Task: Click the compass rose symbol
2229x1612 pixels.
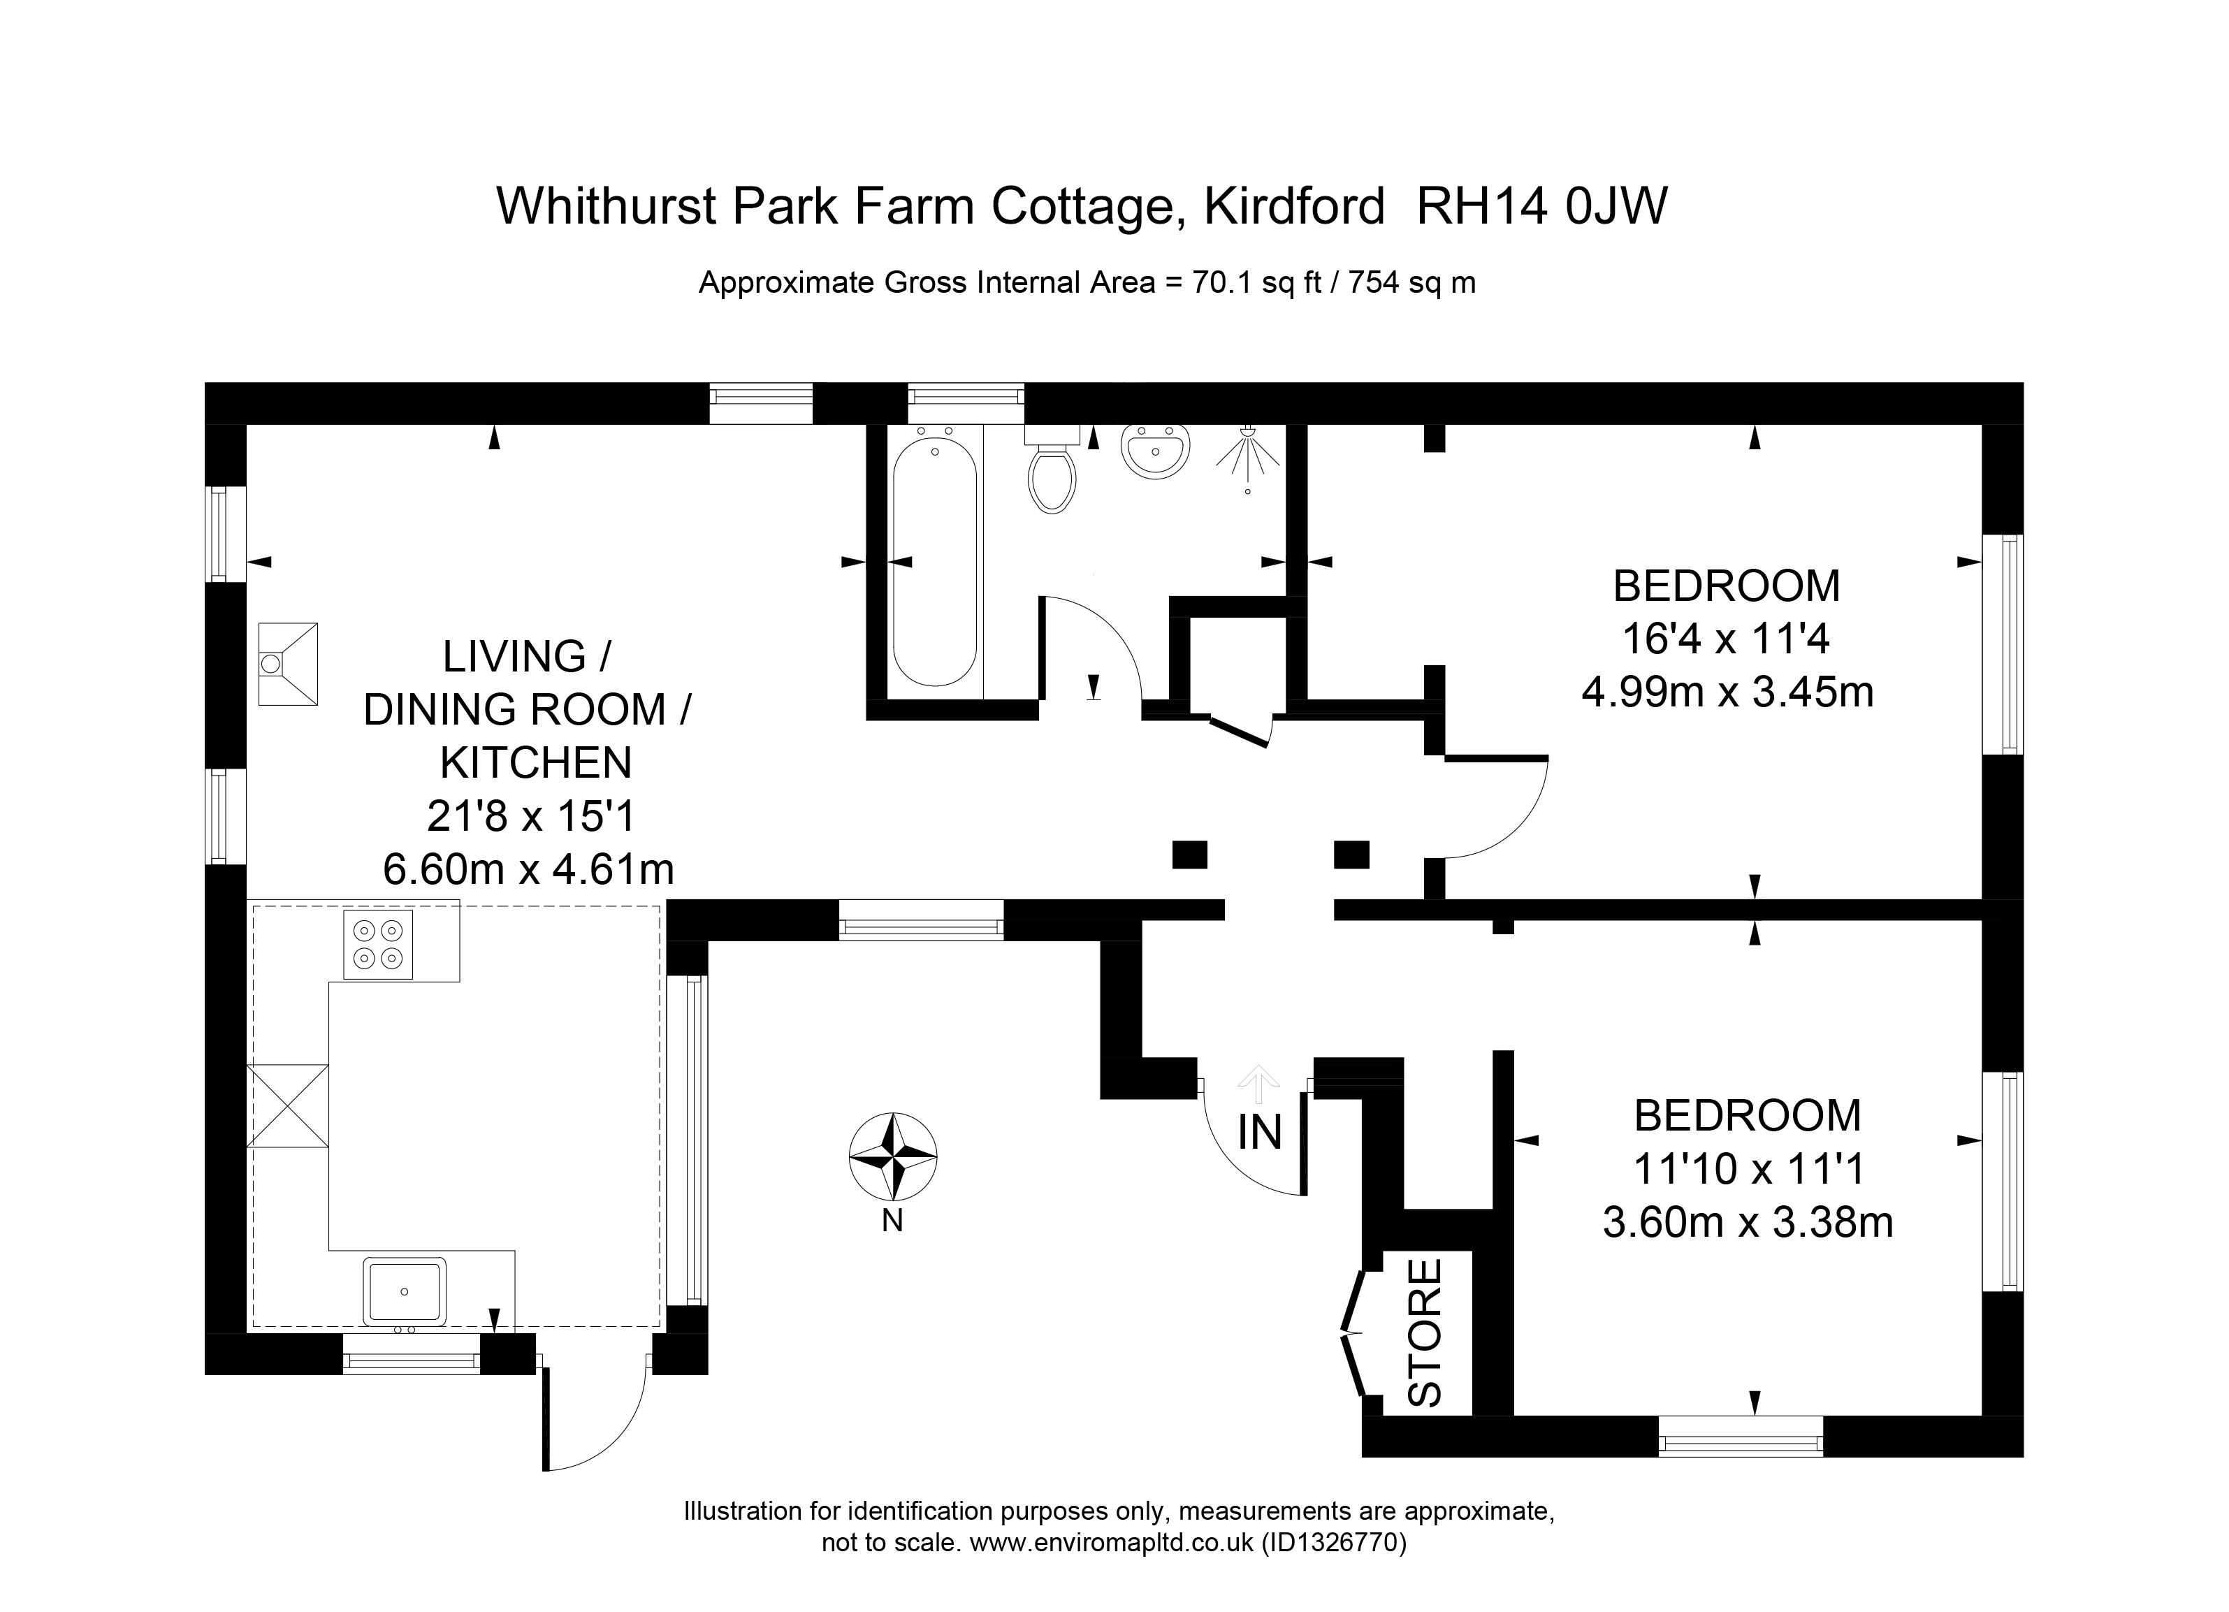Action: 892,1157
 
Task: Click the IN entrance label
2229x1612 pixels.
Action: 1260,1133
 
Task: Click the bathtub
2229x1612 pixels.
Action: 935,561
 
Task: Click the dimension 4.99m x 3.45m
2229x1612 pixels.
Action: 1728,693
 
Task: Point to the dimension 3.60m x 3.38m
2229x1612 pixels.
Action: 1748,1223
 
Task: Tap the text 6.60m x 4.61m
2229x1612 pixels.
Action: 529,869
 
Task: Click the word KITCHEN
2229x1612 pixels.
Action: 536,763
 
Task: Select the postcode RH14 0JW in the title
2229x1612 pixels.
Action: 1541,206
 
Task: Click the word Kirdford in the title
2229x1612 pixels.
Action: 1294,206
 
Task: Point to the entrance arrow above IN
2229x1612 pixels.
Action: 1259,1085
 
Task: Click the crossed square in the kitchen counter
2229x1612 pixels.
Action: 287,1106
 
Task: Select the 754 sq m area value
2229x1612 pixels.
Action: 1411,283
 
